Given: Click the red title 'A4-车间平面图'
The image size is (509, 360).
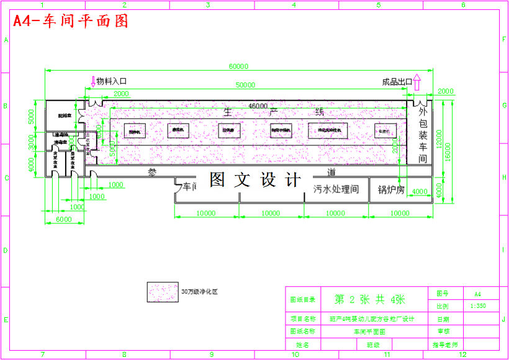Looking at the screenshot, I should coord(71,21).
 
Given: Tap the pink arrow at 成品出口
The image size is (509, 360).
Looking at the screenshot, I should coord(417,81).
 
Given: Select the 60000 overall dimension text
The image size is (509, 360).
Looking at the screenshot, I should coord(238,66).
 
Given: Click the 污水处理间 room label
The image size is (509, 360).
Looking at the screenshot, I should coord(336,189).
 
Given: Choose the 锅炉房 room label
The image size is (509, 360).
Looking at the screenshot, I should coord(391,189).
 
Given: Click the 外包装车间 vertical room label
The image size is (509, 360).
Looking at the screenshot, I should coord(423,135).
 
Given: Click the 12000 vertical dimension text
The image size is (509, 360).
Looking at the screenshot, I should coord(439,139).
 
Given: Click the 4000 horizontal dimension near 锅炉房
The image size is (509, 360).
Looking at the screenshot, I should coord(420,191).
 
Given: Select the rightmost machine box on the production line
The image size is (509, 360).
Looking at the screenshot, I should coord(385,131).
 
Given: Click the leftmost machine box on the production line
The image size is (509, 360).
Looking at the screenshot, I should coord(135,130).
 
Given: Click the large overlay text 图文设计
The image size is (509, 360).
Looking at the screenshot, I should coord(255,180).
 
